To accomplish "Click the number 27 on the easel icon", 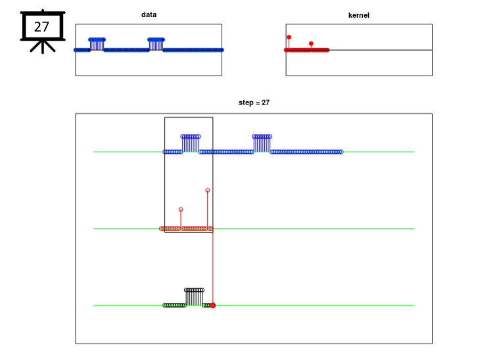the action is (x=41, y=27).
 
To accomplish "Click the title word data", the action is (x=149, y=14).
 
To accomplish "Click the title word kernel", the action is (x=359, y=15).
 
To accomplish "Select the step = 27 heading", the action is (x=254, y=102).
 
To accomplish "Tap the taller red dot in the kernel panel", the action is (x=289, y=37).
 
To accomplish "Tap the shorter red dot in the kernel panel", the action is (x=311, y=43).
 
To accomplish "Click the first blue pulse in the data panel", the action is (x=97, y=44).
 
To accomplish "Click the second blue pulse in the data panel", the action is (x=156, y=44).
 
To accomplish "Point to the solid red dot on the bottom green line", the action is (x=213, y=305).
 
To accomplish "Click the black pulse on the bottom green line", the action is (x=194, y=297).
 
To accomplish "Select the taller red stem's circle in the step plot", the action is (x=208, y=190).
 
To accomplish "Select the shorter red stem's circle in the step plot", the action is (x=181, y=210).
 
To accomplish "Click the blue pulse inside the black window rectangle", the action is (x=191, y=143).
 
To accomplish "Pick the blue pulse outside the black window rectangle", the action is (x=262, y=143).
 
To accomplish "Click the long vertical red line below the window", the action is (x=213, y=268).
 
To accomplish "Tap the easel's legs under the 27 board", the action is (x=43, y=47).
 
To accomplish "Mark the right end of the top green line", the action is (x=414, y=152).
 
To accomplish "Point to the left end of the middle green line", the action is (x=93, y=229).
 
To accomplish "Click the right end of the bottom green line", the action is (x=414, y=305).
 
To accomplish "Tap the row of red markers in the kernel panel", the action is (x=306, y=50).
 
